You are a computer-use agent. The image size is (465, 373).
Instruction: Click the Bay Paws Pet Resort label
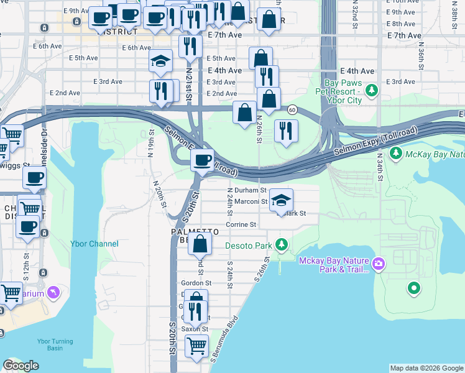click(x=343, y=91)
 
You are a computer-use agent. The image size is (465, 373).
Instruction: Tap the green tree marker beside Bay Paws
click(x=372, y=91)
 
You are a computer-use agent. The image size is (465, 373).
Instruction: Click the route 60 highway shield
click(x=291, y=109)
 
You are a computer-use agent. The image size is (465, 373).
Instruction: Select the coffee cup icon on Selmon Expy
click(x=202, y=160)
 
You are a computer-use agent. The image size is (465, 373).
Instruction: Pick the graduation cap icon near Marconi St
click(x=282, y=200)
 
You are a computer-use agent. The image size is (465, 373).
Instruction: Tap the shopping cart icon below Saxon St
click(x=197, y=344)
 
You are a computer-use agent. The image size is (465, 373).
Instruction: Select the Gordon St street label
click(x=196, y=282)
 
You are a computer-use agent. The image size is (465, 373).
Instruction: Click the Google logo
click(x=21, y=366)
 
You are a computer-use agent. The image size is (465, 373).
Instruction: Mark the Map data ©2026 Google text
click(x=426, y=368)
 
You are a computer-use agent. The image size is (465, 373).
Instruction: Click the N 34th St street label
click(x=379, y=164)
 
